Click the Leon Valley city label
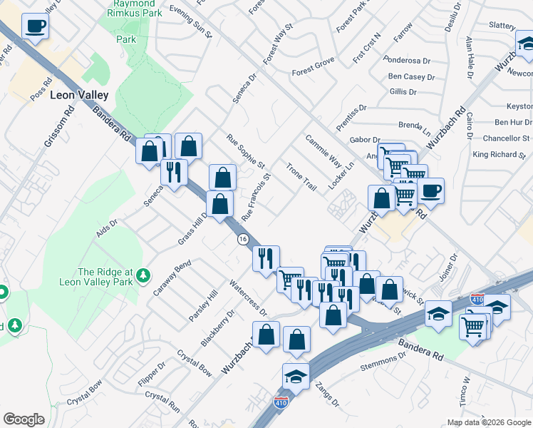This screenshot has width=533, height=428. click(79, 95)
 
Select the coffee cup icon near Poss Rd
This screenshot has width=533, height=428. click(35, 27)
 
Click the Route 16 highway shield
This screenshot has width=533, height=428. click(243, 239)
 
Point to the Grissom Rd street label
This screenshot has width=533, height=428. click(58, 127)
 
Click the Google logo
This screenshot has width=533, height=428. click(24, 419)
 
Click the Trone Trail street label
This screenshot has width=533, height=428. click(301, 176)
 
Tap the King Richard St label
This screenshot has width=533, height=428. click(501, 154)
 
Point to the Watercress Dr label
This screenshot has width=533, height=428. click(247, 299)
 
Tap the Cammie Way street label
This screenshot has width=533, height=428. click(324, 151)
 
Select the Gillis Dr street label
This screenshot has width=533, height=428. click(403, 92)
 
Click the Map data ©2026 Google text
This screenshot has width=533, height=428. click(488, 422)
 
